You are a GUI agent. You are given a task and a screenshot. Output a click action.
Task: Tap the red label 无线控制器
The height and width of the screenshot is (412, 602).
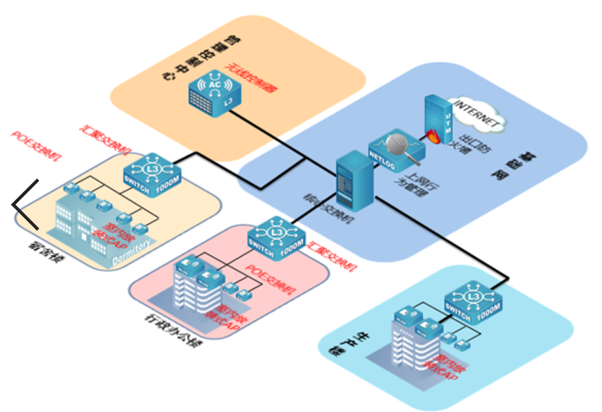coord(255,88)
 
